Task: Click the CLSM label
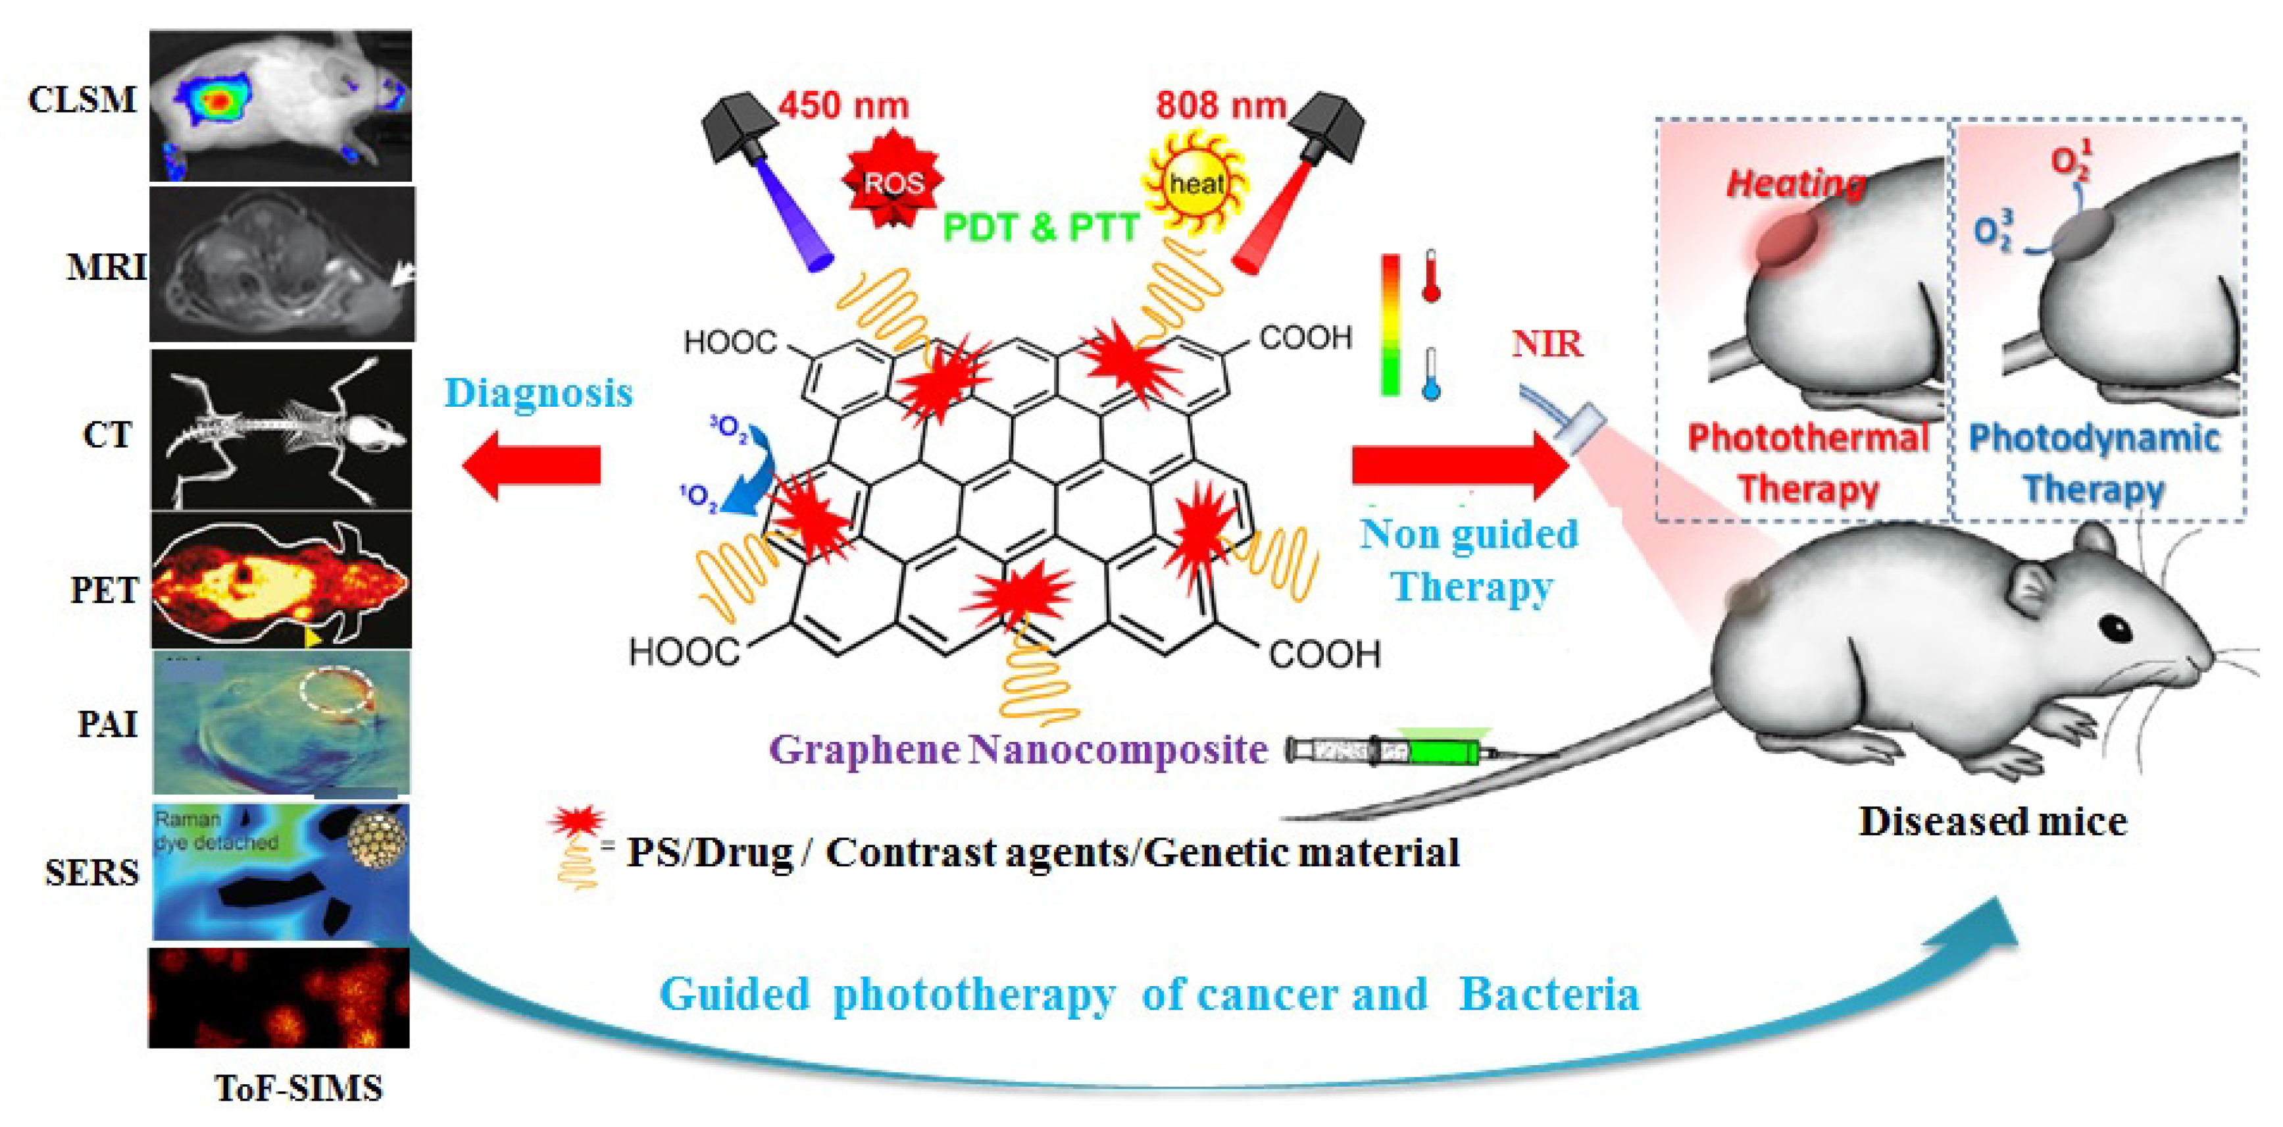click(x=82, y=99)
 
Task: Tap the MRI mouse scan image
click(x=281, y=264)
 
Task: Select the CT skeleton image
click(x=281, y=430)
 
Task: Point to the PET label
click(x=104, y=590)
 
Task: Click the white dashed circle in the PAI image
click(x=337, y=690)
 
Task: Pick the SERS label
click(x=92, y=874)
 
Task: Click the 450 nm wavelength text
click(x=843, y=105)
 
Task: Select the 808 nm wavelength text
click(x=1220, y=105)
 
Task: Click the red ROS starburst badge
click(x=892, y=181)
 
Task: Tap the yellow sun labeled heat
click(x=1197, y=184)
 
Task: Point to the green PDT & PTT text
click(x=1040, y=228)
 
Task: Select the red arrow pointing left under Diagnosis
click(x=532, y=465)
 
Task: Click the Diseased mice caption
click(x=1992, y=821)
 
